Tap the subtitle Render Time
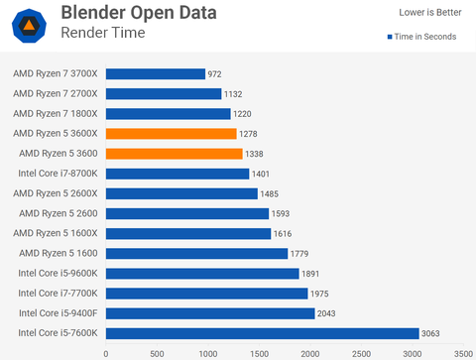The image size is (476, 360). [102, 33]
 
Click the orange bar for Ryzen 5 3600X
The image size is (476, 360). [171, 134]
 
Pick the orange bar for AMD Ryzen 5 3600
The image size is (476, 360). [174, 154]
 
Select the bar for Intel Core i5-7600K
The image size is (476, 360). [262, 333]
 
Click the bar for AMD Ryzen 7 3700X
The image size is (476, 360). [155, 73]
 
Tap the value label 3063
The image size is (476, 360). [433, 333]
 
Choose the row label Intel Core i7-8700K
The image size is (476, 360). [57, 174]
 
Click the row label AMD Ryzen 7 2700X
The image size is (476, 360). [56, 93]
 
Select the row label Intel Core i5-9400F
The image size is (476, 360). [57, 313]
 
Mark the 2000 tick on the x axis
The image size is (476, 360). [310, 352]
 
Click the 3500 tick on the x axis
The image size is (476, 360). [463, 352]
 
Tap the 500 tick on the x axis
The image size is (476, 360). [157, 352]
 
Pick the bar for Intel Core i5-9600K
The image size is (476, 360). [202, 274]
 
